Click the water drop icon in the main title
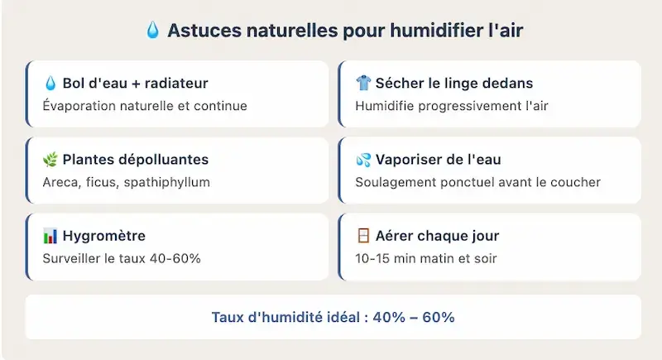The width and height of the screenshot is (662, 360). [153, 31]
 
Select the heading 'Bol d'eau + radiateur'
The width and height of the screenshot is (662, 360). [135, 83]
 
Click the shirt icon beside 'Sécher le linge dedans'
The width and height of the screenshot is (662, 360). [363, 83]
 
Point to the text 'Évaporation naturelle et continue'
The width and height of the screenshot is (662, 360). [145, 106]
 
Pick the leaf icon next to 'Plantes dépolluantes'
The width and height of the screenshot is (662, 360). [50, 160]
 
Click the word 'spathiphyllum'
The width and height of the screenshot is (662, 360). [167, 182]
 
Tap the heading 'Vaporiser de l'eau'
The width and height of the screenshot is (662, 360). [438, 160]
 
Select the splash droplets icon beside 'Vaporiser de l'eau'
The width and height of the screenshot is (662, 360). [363, 160]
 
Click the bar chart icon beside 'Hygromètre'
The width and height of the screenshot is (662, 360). [50, 236]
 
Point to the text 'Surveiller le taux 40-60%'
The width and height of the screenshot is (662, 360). [122, 258]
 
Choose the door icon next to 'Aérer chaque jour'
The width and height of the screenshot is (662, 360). [363, 236]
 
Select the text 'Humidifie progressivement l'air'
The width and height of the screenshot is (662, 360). [452, 106]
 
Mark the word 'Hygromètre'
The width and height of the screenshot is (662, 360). [103, 236]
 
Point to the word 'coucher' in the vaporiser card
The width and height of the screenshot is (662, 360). [577, 182]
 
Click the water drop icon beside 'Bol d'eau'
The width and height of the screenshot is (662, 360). [50, 83]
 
